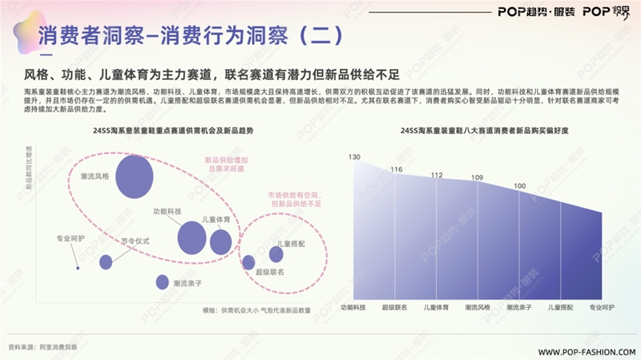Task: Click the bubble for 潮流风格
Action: point(134,177)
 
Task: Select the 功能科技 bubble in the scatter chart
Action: point(191,237)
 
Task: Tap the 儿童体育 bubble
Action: point(220,241)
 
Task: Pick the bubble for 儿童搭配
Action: point(276,254)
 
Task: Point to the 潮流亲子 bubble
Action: point(163,282)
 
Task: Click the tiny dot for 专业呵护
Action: point(77,268)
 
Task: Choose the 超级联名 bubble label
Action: point(270,273)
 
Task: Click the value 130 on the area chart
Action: point(354,156)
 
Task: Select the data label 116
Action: point(397,169)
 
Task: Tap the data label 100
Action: point(520,186)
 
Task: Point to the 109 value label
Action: point(477,177)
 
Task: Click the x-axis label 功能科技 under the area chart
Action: point(353,307)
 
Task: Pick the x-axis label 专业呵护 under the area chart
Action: point(602,307)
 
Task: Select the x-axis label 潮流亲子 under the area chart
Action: point(520,307)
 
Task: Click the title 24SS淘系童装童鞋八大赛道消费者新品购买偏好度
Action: point(477,131)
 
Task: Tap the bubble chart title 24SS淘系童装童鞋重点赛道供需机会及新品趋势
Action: point(161,131)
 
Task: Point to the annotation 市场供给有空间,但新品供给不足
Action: point(295,200)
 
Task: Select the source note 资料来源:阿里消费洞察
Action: point(42,347)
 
